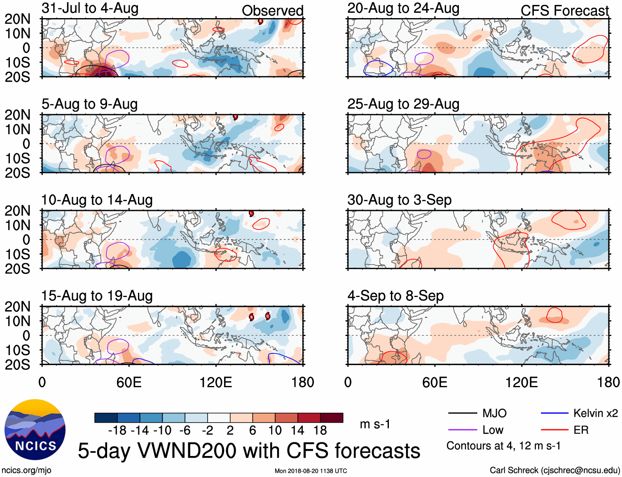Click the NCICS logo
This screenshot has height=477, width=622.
pyautogui.click(x=35, y=429)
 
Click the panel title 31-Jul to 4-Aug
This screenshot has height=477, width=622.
pyautogui.click(x=90, y=9)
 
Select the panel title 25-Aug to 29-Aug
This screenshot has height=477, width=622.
pyautogui.click(x=403, y=104)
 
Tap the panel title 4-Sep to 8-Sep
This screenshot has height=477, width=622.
pyautogui.click(x=395, y=296)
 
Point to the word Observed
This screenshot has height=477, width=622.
pyautogui.click(x=272, y=11)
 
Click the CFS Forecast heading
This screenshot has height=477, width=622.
pyautogui.click(x=564, y=11)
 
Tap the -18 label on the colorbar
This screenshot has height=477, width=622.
pyautogui.click(x=117, y=430)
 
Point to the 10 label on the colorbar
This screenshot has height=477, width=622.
pyautogui.click(x=275, y=430)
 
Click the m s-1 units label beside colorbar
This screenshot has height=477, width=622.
pyautogui.click(x=375, y=424)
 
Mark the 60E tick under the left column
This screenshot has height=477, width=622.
pyautogui.click(x=129, y=382)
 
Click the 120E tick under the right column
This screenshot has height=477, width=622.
pyautogui.click(x=521, y=382)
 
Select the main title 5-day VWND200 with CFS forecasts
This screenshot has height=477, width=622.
pyautogui.click(x=249, y=451)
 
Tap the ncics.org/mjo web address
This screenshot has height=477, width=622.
pyautogui.click(x=26, y=470)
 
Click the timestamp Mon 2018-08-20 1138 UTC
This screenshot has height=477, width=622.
pyautogui.click(x=311, y=471)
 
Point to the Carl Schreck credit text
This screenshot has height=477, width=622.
pyautogui.click(x=554, y=470)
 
